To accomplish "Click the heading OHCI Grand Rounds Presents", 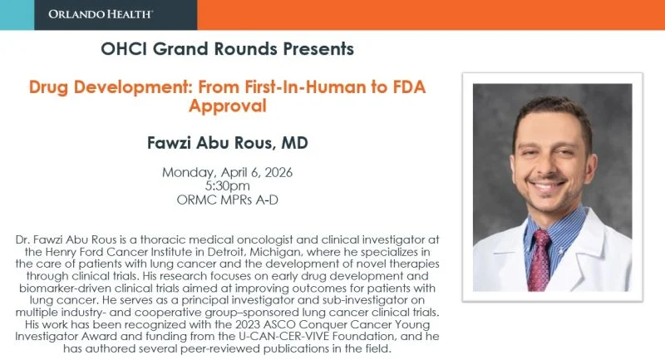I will pos(227,49).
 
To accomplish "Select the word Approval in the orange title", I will pos(227,106).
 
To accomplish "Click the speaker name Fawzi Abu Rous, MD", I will pos(227,143).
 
